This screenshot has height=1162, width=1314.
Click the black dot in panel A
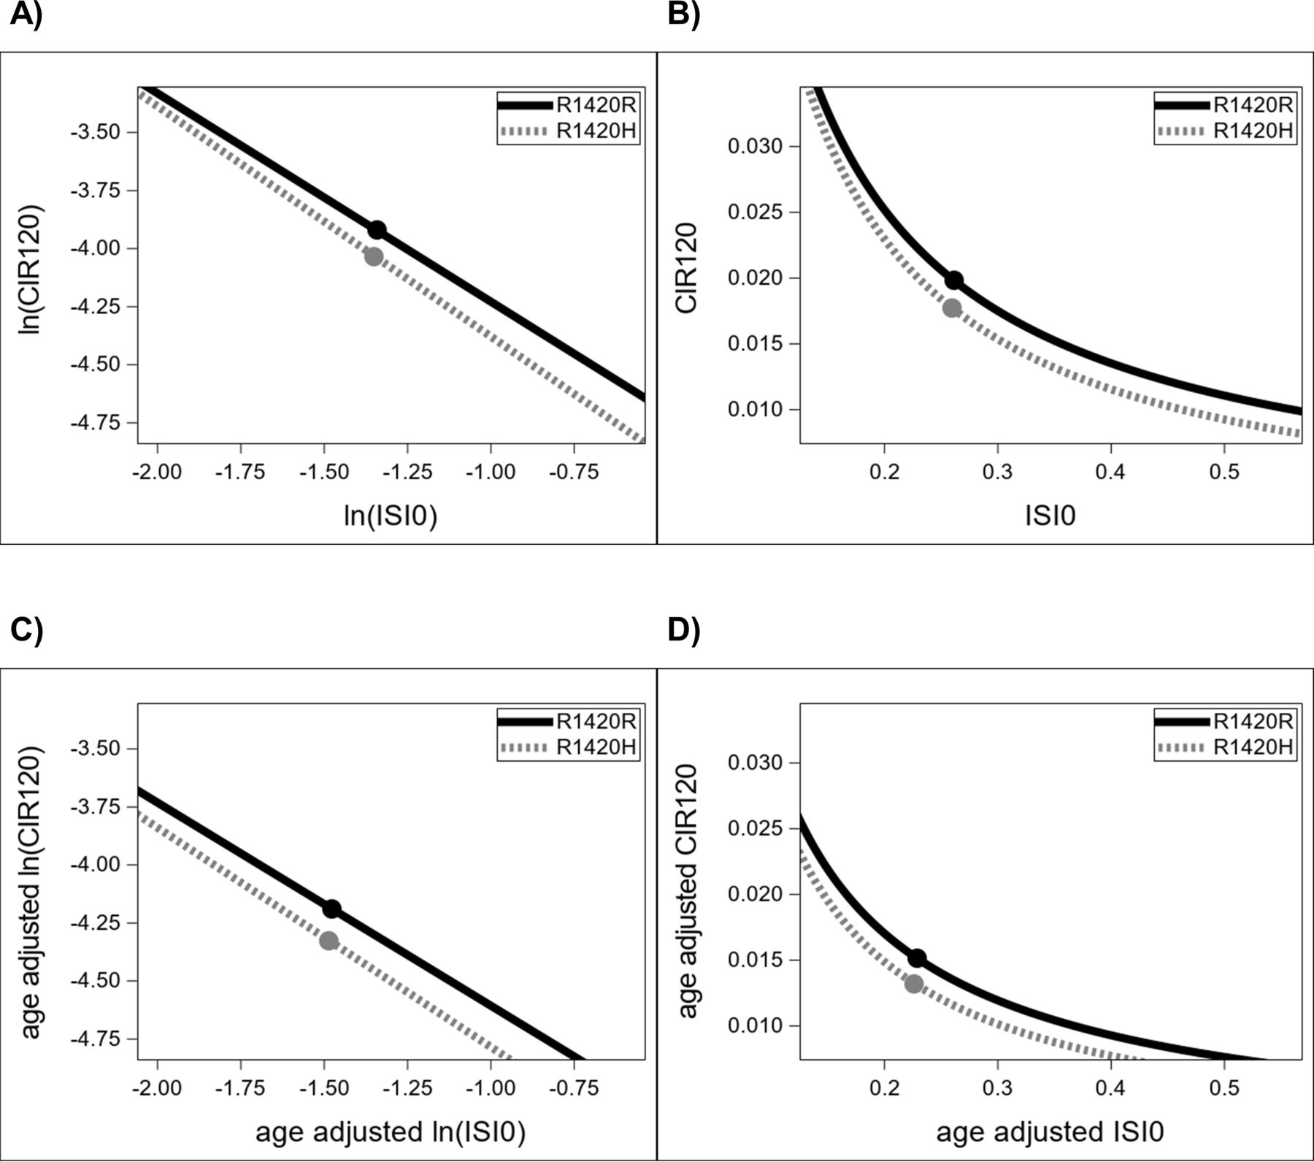[x=376, y=230]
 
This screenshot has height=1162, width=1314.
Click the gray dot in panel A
[x=374, y=257]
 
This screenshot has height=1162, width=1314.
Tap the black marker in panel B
[x=954, y=280]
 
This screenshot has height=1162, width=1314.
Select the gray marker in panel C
[x=329, y=941]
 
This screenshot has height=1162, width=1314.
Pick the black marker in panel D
[x=917, y=957]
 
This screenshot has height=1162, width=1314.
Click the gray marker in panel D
[x=914, y=984]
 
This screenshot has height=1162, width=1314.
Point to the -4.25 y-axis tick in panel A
[x=103, y=307]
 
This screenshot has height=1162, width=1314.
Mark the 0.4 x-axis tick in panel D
[x=1110, y=1088]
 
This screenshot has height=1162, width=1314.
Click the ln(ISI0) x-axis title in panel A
[x=391, y=516]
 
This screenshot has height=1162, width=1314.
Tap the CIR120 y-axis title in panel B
[x=686, y=268]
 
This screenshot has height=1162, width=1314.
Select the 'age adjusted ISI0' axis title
[x=1050, y=1132]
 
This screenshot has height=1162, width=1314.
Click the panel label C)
[x=26, y=630]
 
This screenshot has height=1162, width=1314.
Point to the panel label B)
[x=684, y=14]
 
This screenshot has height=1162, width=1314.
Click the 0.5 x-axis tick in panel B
[x=1224, y=472]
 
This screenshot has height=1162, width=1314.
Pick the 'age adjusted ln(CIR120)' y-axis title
[x=30, y=892]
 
